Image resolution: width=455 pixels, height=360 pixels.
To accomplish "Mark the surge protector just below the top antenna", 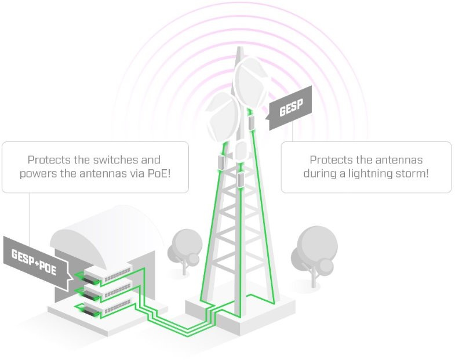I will coord(252,122).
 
